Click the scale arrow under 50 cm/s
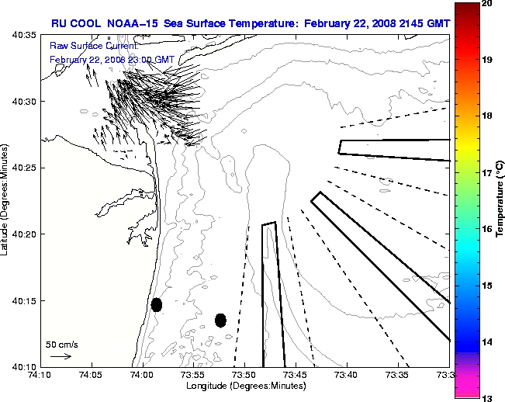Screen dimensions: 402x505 pos(61,356)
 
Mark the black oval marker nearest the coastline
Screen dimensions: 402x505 pos(157,304)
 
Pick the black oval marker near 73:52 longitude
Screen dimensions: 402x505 pos(220,320)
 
